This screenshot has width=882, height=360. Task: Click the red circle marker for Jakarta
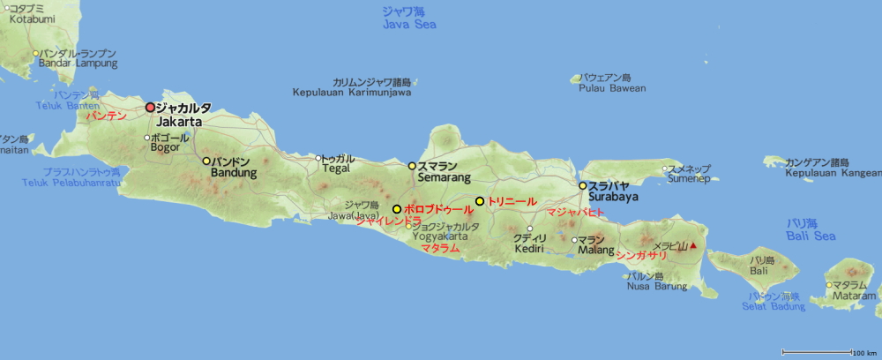pos(150,107)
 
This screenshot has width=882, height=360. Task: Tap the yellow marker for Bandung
pos(206,161)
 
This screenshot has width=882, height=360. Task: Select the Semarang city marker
pos(411,165)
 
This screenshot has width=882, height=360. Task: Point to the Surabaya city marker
pos(582,185)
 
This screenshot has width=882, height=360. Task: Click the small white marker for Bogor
pos(147,138)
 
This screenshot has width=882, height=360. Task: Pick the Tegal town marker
pos(318,158)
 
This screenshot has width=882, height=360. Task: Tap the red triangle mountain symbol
pos(693,245)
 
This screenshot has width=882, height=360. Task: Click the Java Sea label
pos(409,24)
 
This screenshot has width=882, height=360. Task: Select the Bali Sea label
pos(811,236)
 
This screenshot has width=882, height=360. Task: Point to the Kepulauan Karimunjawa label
pos(352,92)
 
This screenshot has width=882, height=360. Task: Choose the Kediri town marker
pos(529,229)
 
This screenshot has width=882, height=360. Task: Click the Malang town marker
pos(574,239)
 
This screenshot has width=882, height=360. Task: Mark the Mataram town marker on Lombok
pos(828,284)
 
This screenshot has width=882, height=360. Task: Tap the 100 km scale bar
pos(817,352)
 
